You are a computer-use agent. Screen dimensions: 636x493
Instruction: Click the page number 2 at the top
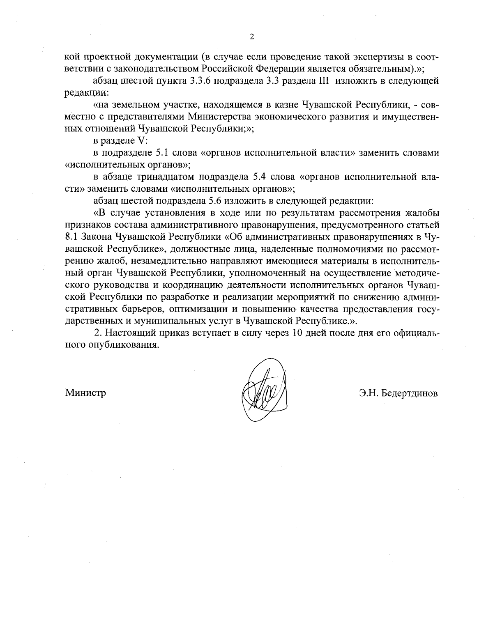tap(252, 37)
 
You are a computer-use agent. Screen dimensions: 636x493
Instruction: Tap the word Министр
tap(85, 393)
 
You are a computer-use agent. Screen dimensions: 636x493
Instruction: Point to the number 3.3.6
tap(201, 81)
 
